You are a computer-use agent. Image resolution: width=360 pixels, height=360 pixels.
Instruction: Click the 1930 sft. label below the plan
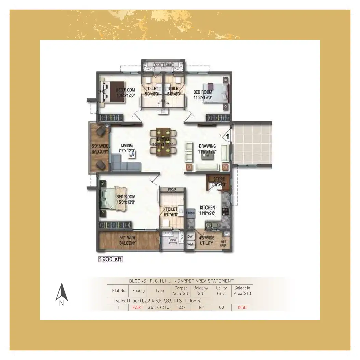point(110,259)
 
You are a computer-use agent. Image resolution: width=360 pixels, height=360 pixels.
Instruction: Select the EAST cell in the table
point(138,307)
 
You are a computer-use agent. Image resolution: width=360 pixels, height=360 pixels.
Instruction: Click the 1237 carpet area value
point(181,307)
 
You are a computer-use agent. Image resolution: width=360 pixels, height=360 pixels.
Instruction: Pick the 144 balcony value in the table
point(201,307)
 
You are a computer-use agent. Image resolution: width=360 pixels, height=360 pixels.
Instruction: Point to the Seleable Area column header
point(242,291)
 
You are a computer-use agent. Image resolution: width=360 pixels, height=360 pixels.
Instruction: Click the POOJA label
point(172,189)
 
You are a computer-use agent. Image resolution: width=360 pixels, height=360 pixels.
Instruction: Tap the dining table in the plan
point(163,142)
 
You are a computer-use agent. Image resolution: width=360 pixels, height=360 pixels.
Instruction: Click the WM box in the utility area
point(190,245)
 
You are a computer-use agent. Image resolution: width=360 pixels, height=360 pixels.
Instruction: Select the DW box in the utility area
point(190,237)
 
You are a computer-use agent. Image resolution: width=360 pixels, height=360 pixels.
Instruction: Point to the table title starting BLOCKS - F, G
point(181,281)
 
